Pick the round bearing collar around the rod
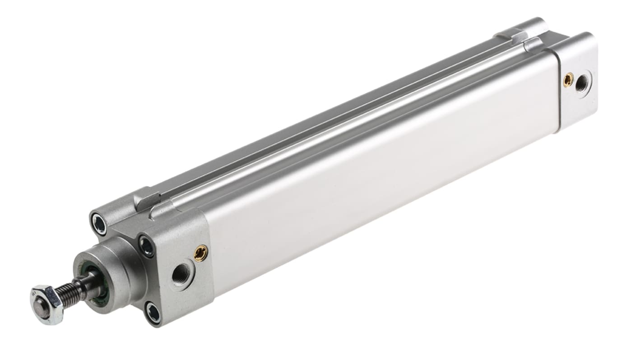click(111, 271)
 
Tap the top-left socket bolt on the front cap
click(99, 224)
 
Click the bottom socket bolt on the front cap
click(153, 313)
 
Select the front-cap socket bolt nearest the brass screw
click(146, 246)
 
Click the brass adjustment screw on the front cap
click(200, 254)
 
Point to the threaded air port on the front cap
click(182, 272)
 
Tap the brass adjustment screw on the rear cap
click(568, 80)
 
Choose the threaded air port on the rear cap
click(582, 83)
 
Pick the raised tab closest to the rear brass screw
click(535, 44)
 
